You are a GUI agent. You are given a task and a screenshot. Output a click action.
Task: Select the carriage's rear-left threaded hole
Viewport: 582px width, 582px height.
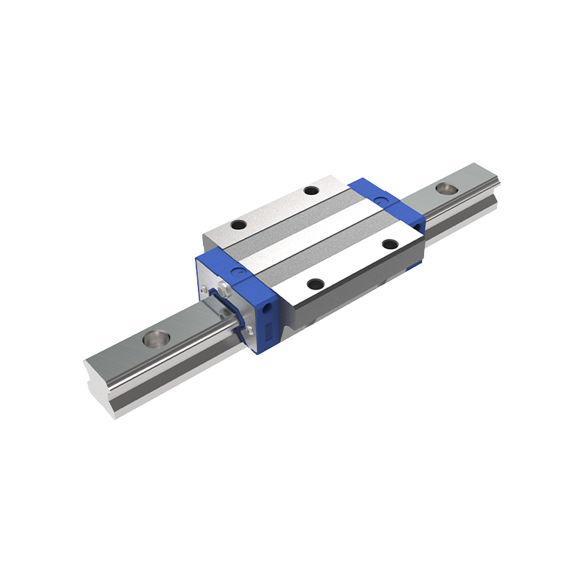tap(311, 191)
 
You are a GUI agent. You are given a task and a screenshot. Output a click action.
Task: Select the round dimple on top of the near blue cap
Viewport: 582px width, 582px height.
tap(236, 271)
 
